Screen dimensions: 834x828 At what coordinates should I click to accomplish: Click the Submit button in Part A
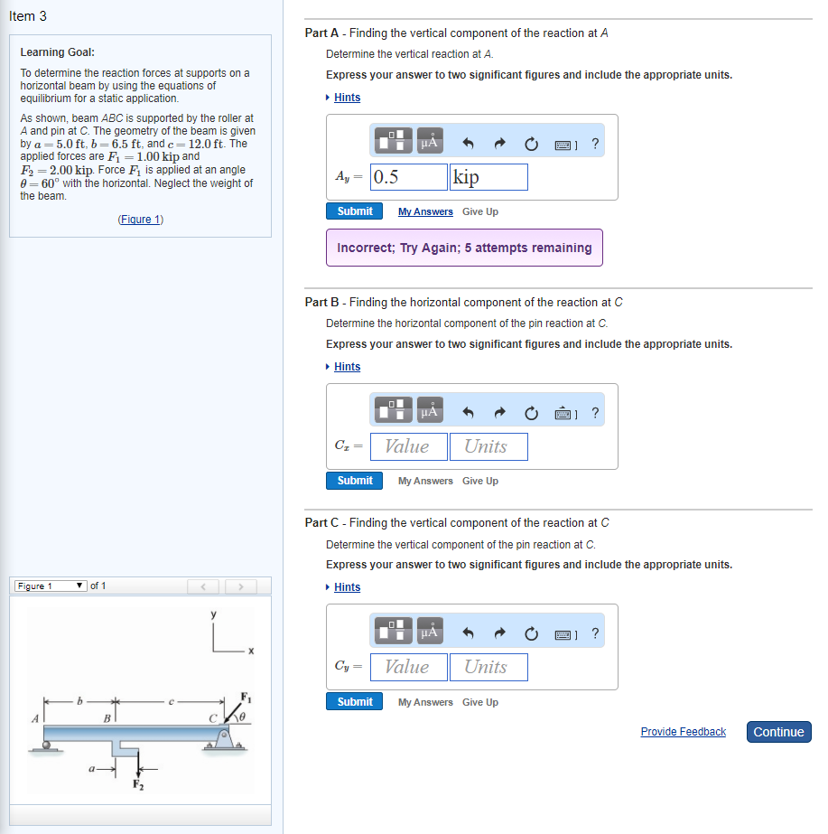coord(354,211)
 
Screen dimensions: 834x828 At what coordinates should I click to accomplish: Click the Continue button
coord(778,732)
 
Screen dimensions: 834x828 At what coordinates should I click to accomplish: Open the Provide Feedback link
coord(683,732)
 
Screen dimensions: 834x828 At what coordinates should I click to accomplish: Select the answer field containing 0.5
coord(410,177)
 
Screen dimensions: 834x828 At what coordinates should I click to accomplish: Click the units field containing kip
coord(488,177)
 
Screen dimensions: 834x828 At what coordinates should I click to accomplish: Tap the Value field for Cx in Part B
coord(410,446)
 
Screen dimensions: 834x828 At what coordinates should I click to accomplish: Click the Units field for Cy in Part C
coord(488,667)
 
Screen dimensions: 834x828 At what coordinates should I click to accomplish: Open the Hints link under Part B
coord(347,367)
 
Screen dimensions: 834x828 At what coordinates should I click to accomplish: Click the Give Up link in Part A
coord(480,211)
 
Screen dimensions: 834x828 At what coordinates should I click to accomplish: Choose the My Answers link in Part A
coord(425,211)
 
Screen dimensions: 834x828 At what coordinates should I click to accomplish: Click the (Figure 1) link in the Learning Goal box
coord(140,220)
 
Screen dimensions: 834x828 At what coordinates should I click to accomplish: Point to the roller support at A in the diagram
coord(46,745)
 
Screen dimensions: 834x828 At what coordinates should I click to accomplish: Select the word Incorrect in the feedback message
coord(367,248)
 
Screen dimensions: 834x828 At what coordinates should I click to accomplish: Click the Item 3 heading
coord(28,16)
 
